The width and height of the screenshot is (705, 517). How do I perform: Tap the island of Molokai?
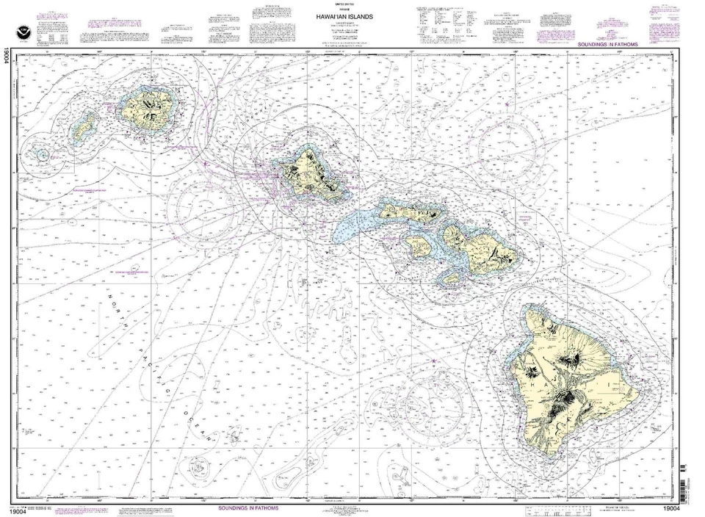click(x=411, y=213)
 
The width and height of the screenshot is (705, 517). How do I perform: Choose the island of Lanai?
click(x=419, y=247)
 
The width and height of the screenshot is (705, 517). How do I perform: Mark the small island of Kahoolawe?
click(x=453, y=278)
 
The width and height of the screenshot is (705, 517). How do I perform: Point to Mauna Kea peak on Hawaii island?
click(x=569, y=359)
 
